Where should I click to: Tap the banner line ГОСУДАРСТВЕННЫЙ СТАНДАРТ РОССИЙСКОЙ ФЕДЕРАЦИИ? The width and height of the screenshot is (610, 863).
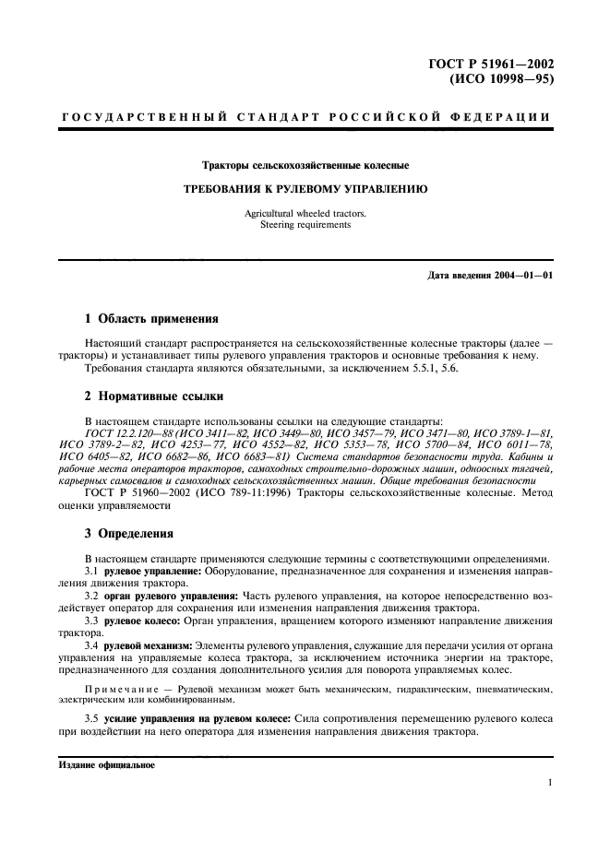(x=305, y=117)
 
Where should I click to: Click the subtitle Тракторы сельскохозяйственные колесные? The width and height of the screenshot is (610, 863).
(x=305, y=166)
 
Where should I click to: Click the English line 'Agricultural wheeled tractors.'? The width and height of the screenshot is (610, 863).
(x=305, y=213)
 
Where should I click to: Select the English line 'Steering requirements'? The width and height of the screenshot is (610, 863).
(x=305, y=224)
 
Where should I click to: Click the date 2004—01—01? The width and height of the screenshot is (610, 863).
(x=523, y=275)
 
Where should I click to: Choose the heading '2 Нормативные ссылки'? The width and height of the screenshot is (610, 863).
(x=153, y=395)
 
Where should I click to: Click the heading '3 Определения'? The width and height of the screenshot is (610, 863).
(x=129, y=533)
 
